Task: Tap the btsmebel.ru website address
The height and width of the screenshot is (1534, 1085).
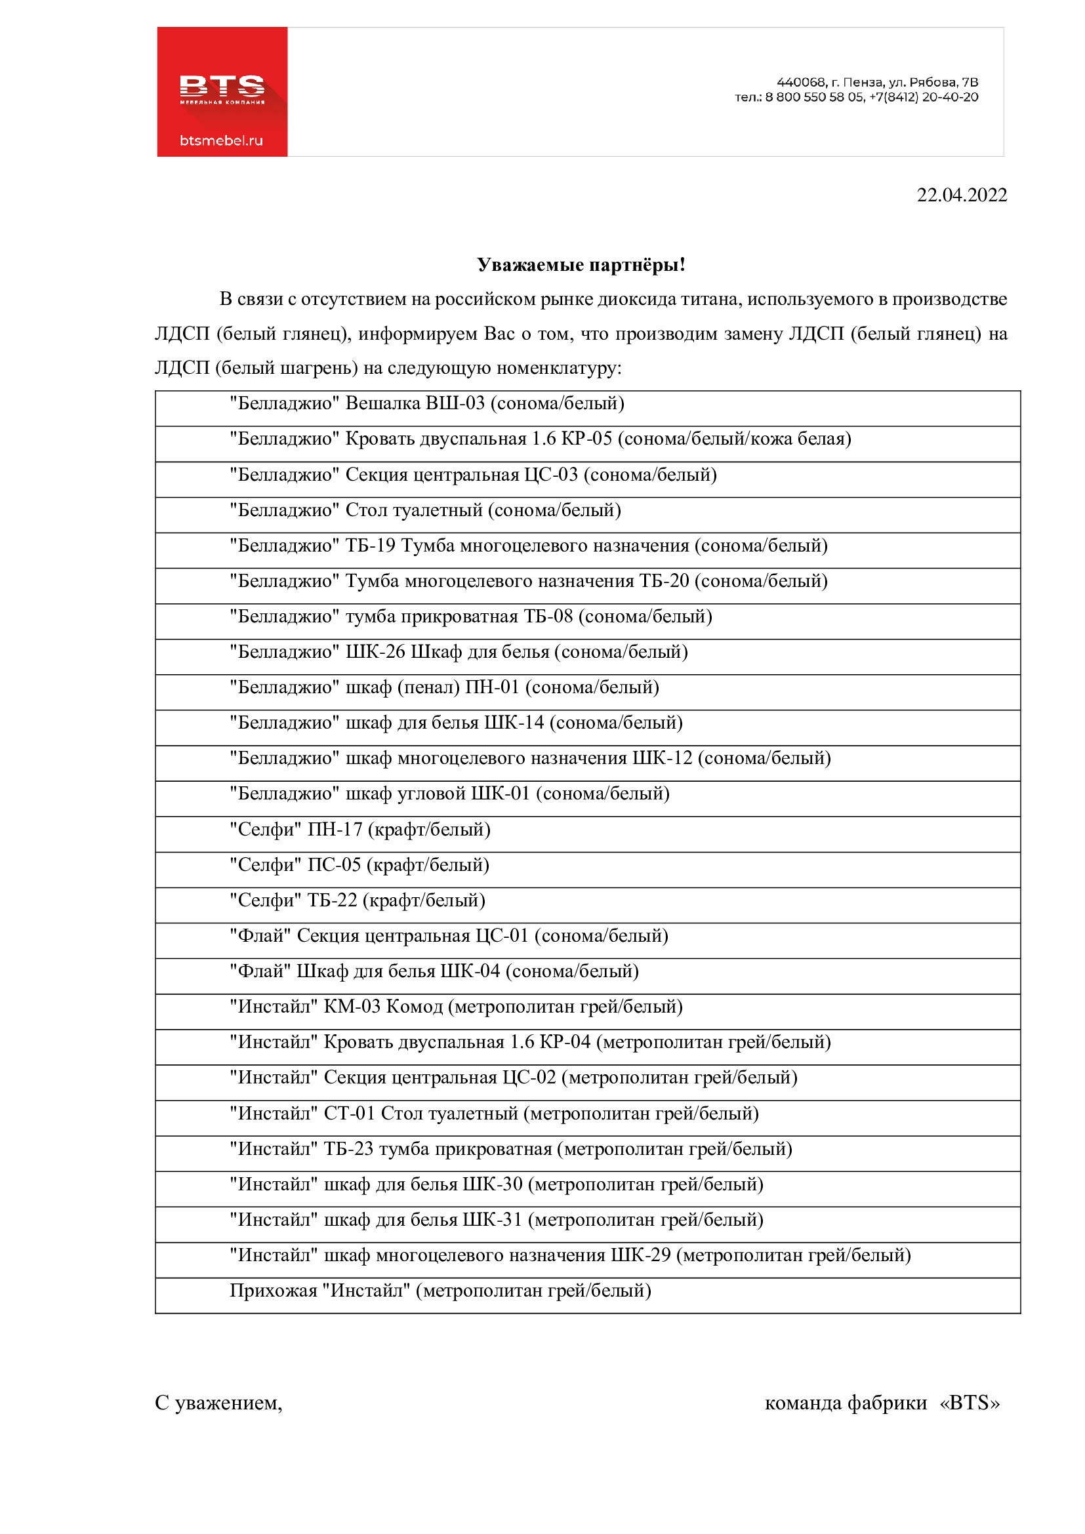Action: [x=221, y=140]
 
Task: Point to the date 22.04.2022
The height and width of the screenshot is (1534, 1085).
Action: [x=962, y=195]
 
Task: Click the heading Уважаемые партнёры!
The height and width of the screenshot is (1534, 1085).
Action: [x=581, y=265]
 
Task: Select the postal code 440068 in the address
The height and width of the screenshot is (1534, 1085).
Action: [x=801, y=82]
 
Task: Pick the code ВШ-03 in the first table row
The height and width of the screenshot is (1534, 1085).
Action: [x=455, y=403]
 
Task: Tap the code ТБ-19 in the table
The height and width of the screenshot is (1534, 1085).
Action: [x=371, y=546]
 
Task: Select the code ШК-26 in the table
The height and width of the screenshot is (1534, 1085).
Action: [x=375, y=652]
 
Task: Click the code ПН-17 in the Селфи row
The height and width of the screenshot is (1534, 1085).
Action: [x=335, y=830]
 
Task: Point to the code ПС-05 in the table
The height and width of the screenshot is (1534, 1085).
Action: [x=334, y=865]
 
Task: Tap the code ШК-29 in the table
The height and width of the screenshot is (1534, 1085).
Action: [x=641, y=1255]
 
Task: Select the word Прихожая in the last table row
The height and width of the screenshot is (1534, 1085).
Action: [x=274, y=1291]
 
